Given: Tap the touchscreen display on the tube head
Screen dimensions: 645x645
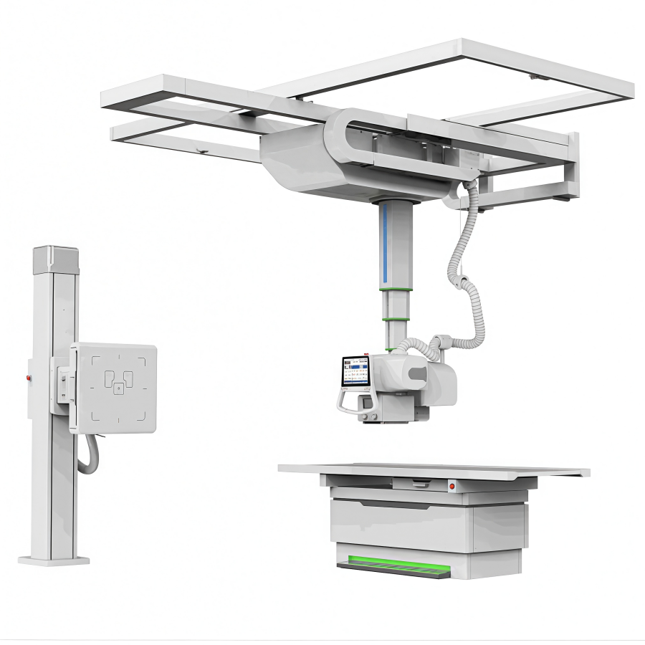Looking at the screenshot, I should tap(355, 371).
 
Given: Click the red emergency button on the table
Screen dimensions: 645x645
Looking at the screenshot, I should tap(452, 487).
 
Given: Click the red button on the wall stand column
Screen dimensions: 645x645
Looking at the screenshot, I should tap(29, 377).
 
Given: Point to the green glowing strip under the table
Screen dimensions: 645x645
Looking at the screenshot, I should tap(393, 563).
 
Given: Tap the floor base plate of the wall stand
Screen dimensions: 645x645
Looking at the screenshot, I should tap(54, 560).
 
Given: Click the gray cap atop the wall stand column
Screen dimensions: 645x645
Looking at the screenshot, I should tap(55, 257).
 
